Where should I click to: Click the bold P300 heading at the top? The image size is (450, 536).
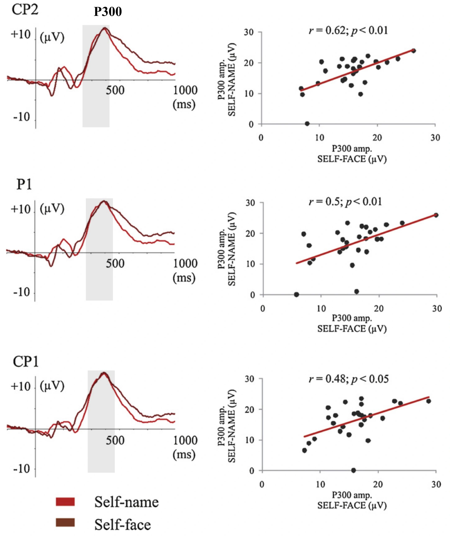(108, 12)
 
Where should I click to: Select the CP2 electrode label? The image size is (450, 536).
(25, 10)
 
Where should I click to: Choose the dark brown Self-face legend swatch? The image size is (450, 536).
(65, 522)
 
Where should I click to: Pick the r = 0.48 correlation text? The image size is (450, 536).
(348, 379)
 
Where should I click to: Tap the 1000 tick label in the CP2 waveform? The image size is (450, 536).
(185, 90)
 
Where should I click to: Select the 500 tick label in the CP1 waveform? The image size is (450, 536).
(115, 441)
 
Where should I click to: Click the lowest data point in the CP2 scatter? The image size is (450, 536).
(307, 124)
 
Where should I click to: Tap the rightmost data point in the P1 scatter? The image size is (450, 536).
(436, 215)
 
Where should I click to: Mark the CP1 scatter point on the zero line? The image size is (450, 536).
(354, 470)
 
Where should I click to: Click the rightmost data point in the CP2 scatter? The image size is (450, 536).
(414, 51)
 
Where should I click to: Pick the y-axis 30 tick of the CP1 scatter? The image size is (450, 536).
(249, 379)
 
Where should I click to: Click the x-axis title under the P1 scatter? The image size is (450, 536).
(352, 323)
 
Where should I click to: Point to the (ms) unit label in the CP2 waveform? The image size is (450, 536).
(184, 104)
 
